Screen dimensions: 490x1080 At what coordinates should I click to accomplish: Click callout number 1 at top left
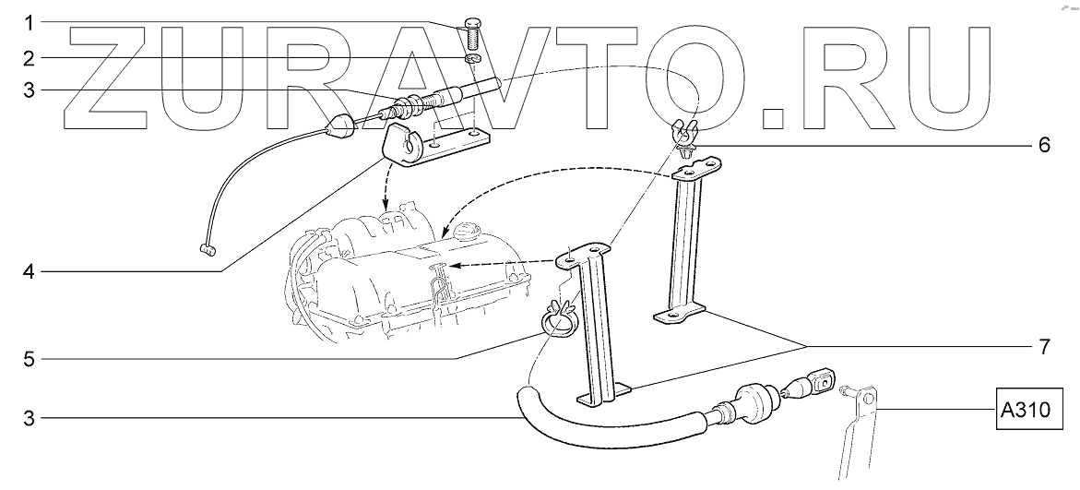pyautogui.click(x=29, y=20)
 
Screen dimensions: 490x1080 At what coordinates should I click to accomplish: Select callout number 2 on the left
pyautogui.click(x=29, y=58)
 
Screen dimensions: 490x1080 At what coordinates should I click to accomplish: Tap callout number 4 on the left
pyautogui.click(x=29, y=272)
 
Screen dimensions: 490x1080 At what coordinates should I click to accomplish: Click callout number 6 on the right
pyautogui.click(x=1044, y=145)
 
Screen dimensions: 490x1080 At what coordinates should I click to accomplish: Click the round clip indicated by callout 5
pyautogui.click(x=557, y=320)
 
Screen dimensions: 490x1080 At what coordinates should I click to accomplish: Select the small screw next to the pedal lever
pyautogui.click(x=843, y=389)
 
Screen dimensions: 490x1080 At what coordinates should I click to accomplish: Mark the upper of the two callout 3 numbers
pyautogui.click(x=29, y=90)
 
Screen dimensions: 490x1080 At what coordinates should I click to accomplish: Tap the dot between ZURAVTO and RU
pyautogui.click(x=773, y=116)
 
